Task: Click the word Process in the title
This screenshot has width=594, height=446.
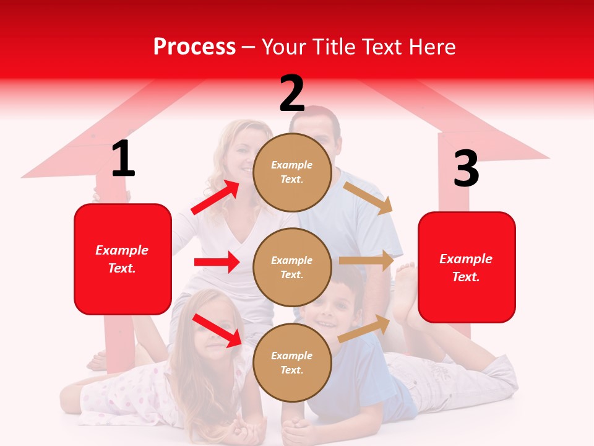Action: [x=194, y=47]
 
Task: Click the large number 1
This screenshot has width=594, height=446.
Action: [x=123, y=159]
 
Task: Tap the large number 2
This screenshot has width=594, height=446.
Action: [x=292, y=94]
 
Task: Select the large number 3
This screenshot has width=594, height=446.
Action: [x=466, y=168]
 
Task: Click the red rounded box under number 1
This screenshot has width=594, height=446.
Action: [x=123, y=259]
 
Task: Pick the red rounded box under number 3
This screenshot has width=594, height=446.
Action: [x=467, y=267]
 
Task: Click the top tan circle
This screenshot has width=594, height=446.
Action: [x=292, y=172]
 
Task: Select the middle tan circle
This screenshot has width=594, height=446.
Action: [x=292, y=267]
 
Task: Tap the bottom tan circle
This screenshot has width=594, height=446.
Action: [x=292, y=362]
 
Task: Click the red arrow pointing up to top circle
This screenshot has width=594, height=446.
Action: [x=215, y=197]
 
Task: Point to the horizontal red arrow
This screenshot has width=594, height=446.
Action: [x=217, y=262]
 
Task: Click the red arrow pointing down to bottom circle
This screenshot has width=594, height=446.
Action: [x=217, y=330]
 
